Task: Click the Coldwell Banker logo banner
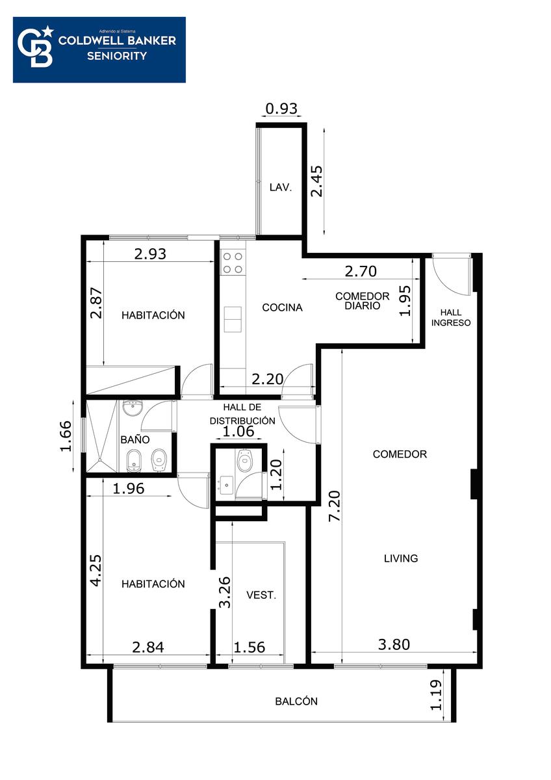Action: pos(99,50)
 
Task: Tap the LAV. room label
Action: pos(281,188)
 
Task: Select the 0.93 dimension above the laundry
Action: pos(281,109)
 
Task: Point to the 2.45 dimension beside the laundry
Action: pos(316,181)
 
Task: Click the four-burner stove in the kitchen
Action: pos(233,263)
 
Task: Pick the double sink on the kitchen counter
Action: pos(233,319)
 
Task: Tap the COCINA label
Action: pos(282,307)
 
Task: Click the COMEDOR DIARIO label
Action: pos(363,301)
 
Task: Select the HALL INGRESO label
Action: pos(451,318)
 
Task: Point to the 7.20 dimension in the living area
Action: pos(335,506)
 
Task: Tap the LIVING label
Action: pos(401,558)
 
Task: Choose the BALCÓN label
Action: pos(296,701)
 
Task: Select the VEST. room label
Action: pos(261,595)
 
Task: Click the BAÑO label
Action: pos(135,439)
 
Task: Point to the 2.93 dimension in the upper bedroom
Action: pos(150,254)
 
